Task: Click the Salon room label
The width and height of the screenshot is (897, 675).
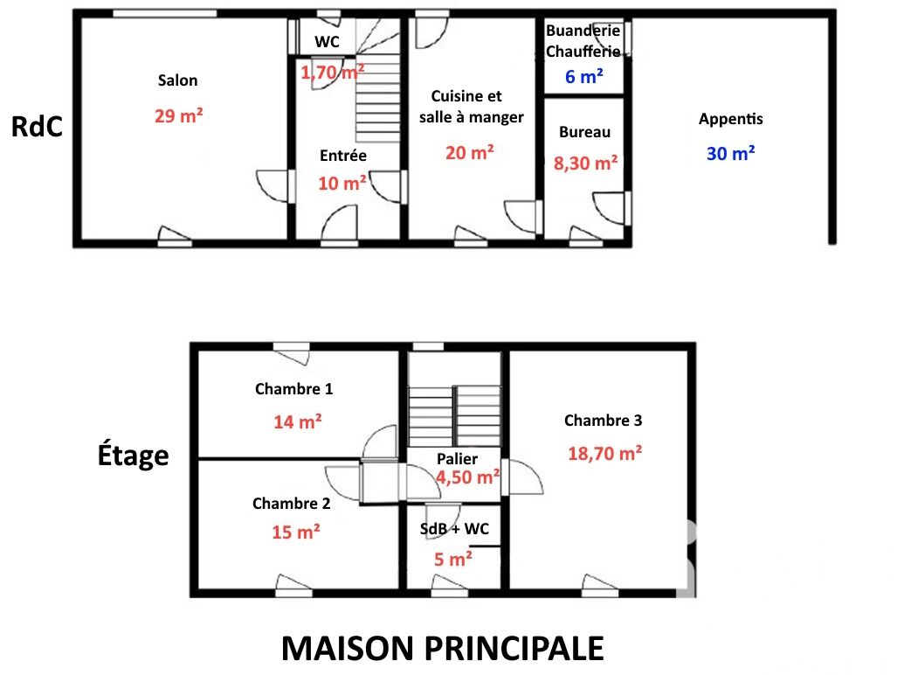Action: point(177,80)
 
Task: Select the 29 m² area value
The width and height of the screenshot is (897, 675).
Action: point(179,115)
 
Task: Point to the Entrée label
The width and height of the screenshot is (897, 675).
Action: point(343,156)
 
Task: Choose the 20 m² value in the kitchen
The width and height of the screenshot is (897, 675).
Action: point(469,152)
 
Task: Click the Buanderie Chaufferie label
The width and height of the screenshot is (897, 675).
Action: point(583,41)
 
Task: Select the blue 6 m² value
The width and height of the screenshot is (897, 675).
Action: point(584,77)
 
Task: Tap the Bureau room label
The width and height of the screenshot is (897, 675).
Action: point(584,133)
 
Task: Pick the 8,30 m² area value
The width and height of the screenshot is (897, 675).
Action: point(586,162)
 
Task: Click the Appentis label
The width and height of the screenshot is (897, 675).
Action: point(731,120)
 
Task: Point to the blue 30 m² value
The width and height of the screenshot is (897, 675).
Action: point(731,154)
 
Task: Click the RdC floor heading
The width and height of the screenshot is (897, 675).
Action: point(38,128)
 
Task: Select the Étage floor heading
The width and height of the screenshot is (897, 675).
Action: point(133,455)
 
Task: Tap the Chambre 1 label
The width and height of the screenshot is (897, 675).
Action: point(293,389)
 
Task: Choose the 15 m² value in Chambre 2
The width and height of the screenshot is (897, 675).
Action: point(295,532)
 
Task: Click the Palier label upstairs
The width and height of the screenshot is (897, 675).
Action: point(457,459)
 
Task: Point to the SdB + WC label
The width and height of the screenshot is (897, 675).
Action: point(453,530)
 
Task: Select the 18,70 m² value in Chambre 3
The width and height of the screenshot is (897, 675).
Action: point(604,453)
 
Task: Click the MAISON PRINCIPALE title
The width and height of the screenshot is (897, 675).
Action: point(442,649)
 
